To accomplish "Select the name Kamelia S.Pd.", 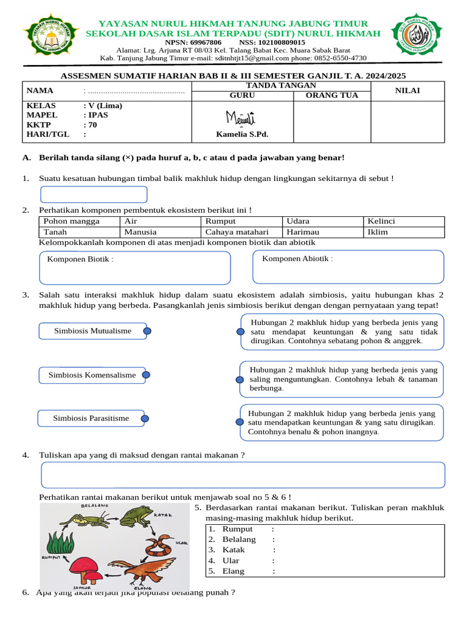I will (242, 134).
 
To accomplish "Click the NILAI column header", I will (408, 91).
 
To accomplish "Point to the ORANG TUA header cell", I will (331, 95).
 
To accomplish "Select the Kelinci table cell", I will (381, 221).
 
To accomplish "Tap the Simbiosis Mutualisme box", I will (92, 331).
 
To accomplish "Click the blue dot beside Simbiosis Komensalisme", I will (146, 375).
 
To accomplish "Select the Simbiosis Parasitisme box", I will (91, 419).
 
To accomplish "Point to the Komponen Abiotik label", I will (297, 259).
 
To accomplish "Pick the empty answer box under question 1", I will (94, 194).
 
